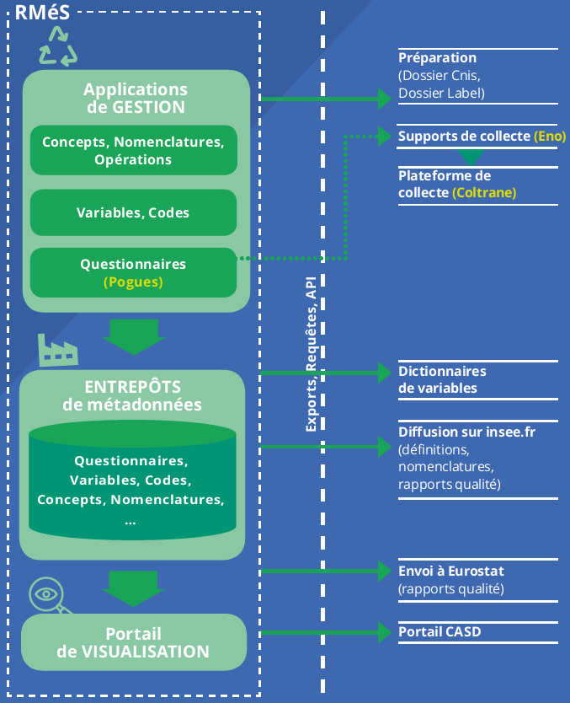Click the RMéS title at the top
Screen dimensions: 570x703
[43, 12]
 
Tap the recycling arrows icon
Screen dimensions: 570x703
[58, 46]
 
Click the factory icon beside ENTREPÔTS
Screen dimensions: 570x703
[58, 350]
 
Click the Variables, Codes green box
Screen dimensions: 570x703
[133, 212]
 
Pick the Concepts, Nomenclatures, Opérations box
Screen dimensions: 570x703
[133, 150]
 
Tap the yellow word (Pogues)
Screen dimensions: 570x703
[133, 282]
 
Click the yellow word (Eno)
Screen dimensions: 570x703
[550, 137]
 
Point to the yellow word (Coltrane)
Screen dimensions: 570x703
[484, 193]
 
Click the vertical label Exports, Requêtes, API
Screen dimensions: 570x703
[311, 354]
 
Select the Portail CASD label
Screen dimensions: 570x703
[439, 631]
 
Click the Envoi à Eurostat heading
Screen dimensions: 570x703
[451, 571]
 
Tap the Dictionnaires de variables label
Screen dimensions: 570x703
[442, 380]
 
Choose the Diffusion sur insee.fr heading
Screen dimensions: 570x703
[466, 432]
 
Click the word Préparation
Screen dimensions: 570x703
[438, 58]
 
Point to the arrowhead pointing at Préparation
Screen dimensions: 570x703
[385, 99]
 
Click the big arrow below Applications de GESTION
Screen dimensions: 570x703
[134, 337]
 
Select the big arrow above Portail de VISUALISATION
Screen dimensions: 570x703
[133, 588]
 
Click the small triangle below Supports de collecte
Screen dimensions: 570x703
[471, 157]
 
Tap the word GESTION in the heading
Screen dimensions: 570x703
[148, 107]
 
